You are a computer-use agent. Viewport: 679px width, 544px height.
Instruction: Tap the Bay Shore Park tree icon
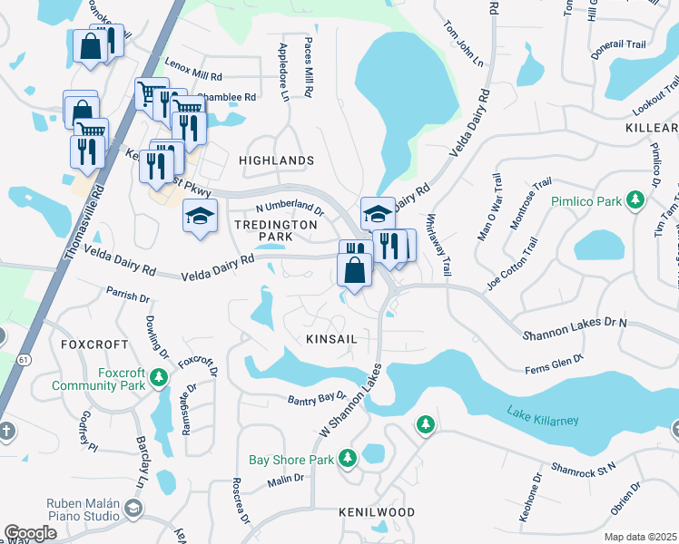(347, 461)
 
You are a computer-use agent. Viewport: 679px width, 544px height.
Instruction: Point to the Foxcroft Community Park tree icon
(161, 376)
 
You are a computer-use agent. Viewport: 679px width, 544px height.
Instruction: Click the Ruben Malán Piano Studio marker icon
(134, 507)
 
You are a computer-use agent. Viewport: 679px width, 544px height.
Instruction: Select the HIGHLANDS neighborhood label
(276, 160)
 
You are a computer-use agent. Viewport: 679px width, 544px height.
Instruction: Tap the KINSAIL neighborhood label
(330, 337)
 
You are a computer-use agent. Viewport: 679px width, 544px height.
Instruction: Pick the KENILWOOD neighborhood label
(377, 512)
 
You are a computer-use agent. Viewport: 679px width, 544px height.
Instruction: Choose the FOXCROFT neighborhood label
(91, 345)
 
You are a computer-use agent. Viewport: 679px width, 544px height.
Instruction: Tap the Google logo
(31, 533)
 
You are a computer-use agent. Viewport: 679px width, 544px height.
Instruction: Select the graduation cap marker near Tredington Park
(200, 216)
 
